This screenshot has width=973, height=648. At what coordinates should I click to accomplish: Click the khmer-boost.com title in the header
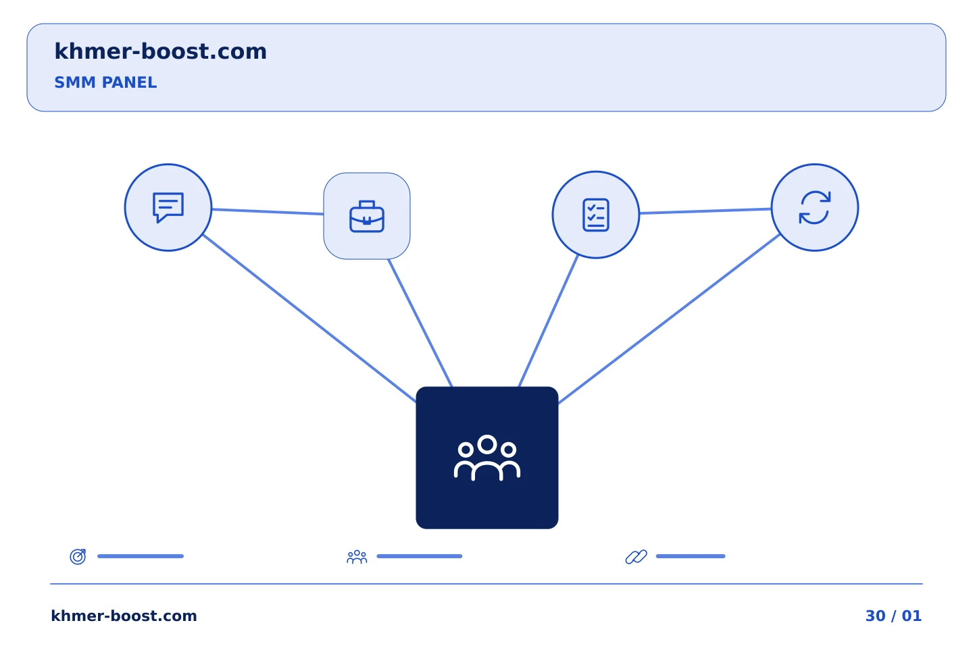coord(160,51)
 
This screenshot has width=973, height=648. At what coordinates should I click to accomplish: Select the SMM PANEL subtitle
coord(105,82)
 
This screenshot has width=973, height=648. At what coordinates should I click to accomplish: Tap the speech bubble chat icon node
coord(168,207)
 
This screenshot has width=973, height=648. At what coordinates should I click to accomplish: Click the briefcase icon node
coord(367,216)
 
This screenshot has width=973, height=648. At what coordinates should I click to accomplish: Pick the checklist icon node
coord(595,215)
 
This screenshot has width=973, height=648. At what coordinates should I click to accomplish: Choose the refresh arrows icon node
coord(814,207)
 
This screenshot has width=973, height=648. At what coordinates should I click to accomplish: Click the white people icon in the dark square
coord(487,458)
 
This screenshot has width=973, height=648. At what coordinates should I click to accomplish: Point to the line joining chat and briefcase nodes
coord(268,212)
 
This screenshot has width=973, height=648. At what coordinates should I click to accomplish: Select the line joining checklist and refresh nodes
coord(705,211)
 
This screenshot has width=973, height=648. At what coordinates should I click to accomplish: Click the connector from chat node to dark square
coord(309,319)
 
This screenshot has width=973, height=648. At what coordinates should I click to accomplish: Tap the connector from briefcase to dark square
coord(420,323)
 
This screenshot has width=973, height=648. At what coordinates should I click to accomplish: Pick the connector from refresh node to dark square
coord(668,319)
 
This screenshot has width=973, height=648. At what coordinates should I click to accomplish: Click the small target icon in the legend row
coord(78,556)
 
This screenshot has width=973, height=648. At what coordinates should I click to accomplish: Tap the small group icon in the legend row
coord(357,557)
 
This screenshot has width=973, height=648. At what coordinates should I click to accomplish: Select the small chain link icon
coord(636,557)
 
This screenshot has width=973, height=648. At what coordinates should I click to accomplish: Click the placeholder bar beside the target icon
coord(141,556)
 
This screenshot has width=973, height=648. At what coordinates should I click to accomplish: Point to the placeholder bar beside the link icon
coord(691,556)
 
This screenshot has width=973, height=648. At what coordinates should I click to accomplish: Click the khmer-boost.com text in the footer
coord(124,616)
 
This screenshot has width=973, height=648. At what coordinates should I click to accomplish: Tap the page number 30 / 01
coord(893,616)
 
